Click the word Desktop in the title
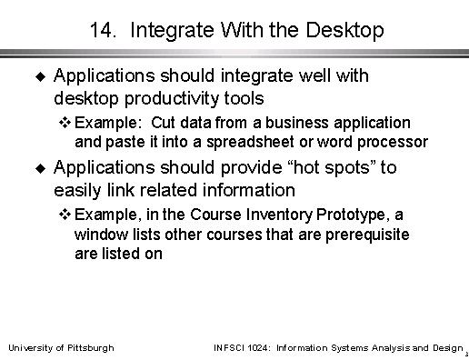(344, 31)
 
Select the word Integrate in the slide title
(172, 31)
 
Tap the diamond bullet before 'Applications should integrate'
(40, 76)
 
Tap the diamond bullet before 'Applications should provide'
(40, 168)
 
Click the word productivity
(172, 99)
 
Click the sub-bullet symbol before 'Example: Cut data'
(65, 123)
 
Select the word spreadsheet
(250, 142)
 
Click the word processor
(393, 143)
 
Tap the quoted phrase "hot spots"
(331, 168)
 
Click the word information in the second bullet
(249, 190)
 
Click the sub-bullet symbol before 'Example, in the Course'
(65, 215)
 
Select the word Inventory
(279, 215)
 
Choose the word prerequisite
(367, 235)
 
